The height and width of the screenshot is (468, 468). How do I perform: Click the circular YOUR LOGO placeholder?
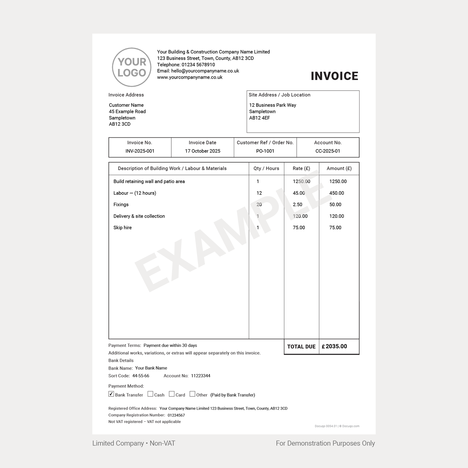pyautogui.click(x=131, y=67)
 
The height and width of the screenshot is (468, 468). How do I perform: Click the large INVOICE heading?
pyautogui.click(x=334, y=76)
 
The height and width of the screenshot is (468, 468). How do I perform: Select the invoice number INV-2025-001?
pyautogui.click(x=140, y=151)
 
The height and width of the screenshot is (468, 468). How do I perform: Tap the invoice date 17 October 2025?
pyautogui.click(x=202, y=151)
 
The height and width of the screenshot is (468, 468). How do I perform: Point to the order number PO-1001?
pyautogui.click(x=265, y=151)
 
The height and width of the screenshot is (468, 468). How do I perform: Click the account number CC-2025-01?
pyautogui.click(x=328, y=151)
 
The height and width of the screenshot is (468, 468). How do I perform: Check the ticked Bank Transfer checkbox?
pyautogui.click(x=111, y=394)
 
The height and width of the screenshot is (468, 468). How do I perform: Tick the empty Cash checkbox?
pyautogui.click(x=150, y=394)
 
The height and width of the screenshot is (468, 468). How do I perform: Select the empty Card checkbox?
pyautogui.click(x=172, y=394)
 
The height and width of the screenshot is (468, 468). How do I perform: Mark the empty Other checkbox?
pyautogui.click(x=192, y=394)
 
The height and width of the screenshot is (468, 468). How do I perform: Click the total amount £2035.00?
pyautogui.click(x=334, y=347)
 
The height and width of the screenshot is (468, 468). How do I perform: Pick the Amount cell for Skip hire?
pyautogui.click(x=335, y=228)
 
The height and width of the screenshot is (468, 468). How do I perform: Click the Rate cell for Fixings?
pyautogui.click(x=297, y=205)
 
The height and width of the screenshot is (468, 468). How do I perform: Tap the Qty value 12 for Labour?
pyautogui.click(x=259, y=193)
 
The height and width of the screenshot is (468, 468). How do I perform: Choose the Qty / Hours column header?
pyautogui.click(x=266, y=168)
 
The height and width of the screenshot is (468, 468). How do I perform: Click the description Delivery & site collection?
pyautogui.click(x=139, y=216)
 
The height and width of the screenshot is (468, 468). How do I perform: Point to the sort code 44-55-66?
pyautogui.click(x=141, y=376)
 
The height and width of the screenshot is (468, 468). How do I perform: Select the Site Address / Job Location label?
pyautogui.click(x=279, y=95)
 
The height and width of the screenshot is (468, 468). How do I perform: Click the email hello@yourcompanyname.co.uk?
pyautogui.click(x=205, y=71)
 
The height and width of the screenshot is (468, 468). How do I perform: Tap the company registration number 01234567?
pyautogui.click(x=176, y=415)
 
